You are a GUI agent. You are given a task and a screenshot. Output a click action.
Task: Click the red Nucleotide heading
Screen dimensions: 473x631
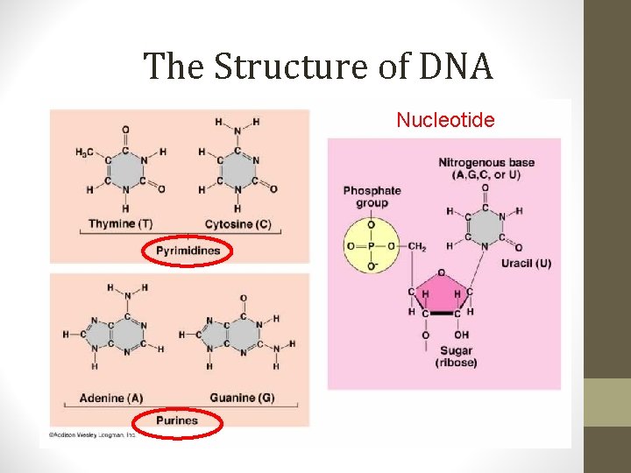(x=445, y=119)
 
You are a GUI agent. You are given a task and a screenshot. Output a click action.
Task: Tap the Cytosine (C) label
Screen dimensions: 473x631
(x=238, y=223)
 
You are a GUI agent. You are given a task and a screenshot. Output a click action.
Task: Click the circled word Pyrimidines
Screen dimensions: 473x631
(x=188, y=251)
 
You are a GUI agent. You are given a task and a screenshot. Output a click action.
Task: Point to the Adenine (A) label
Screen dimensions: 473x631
(x=110, y=398)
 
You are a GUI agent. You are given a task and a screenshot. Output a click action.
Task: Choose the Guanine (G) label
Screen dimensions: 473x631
(x=241, y=398)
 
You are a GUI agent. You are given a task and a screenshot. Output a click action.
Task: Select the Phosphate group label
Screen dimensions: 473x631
(x=372, y=196)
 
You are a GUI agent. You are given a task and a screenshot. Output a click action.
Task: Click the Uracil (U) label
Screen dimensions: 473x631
(x=526, y=263)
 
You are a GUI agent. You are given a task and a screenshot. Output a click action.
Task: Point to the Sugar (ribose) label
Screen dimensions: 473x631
(x=456, y=356)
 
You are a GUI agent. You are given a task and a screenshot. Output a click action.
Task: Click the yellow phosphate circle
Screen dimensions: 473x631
(x=371, y=246)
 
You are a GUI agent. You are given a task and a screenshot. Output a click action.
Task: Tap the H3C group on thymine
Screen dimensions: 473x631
(x=85, y=152)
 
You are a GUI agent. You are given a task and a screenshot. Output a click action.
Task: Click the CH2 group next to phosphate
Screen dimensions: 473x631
(x=417, y=246)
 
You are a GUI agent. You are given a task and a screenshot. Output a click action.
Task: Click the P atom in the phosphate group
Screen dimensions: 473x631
(x=371, y=246)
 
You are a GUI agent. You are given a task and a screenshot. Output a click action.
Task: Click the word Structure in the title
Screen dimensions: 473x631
(x=267, y=67)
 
